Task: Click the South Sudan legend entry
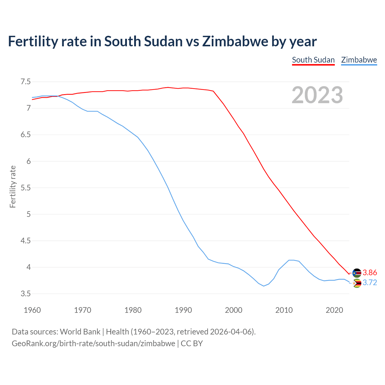tap(313, 60)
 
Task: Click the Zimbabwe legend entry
tap(359, 60)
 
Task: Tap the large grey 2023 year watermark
tap(317, 95)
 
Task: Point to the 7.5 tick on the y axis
tap(26, 82)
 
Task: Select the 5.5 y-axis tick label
tap(26, 188)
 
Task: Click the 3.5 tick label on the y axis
tap(26, 294)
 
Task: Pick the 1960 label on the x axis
tap(32, 310)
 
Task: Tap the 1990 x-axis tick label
tap(183, 310)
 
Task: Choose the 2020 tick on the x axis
tap(334, 310)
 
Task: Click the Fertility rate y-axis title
tap(13, 186)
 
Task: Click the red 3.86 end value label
tap(370, 273)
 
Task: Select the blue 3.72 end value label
tap(370, 283)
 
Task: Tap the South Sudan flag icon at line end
tap(357, 273)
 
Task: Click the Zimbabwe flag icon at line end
tap(357, 283)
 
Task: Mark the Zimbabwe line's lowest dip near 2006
tap(264, 286)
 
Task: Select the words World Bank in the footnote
tap(80, 332)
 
